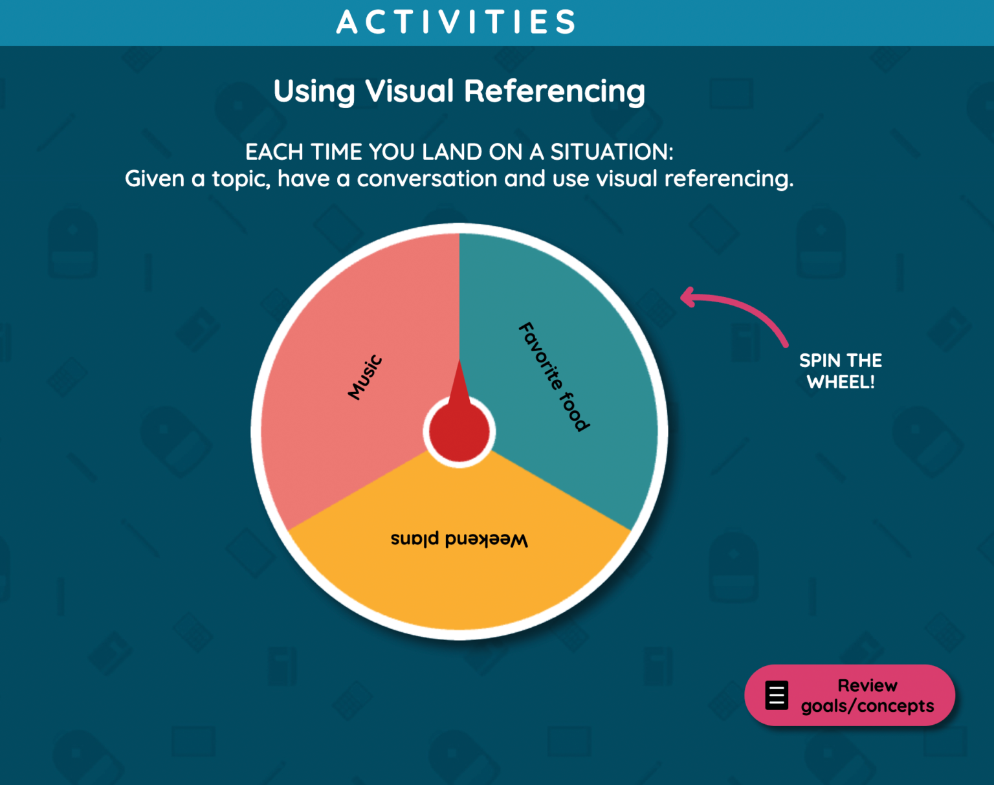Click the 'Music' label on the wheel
tap(366, 377)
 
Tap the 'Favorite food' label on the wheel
tap(554, 376)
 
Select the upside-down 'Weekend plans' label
tap(459, 539)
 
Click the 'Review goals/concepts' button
tap(849, 695)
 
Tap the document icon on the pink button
tap(777, 696)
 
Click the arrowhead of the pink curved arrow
tap(687, 298)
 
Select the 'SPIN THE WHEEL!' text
tap(841, 371)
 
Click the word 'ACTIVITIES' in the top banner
tap(456, 22)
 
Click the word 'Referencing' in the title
tap(555, 91)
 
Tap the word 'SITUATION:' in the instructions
tap(612, 152)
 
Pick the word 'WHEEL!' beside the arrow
tap(841, 382)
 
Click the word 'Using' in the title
tap(314, 91)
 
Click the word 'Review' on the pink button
tap(867, 685)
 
